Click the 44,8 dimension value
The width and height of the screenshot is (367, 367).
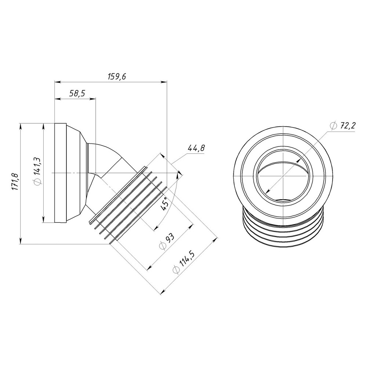click(x=196, y=149)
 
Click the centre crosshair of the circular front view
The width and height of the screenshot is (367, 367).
click(x=284, y=176)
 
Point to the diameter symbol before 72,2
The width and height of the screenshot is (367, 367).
click(x=333, y=126)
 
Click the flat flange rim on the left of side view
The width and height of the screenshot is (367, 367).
click(x=60, y=172)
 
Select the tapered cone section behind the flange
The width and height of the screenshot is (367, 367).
click(x=77, y=172)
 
